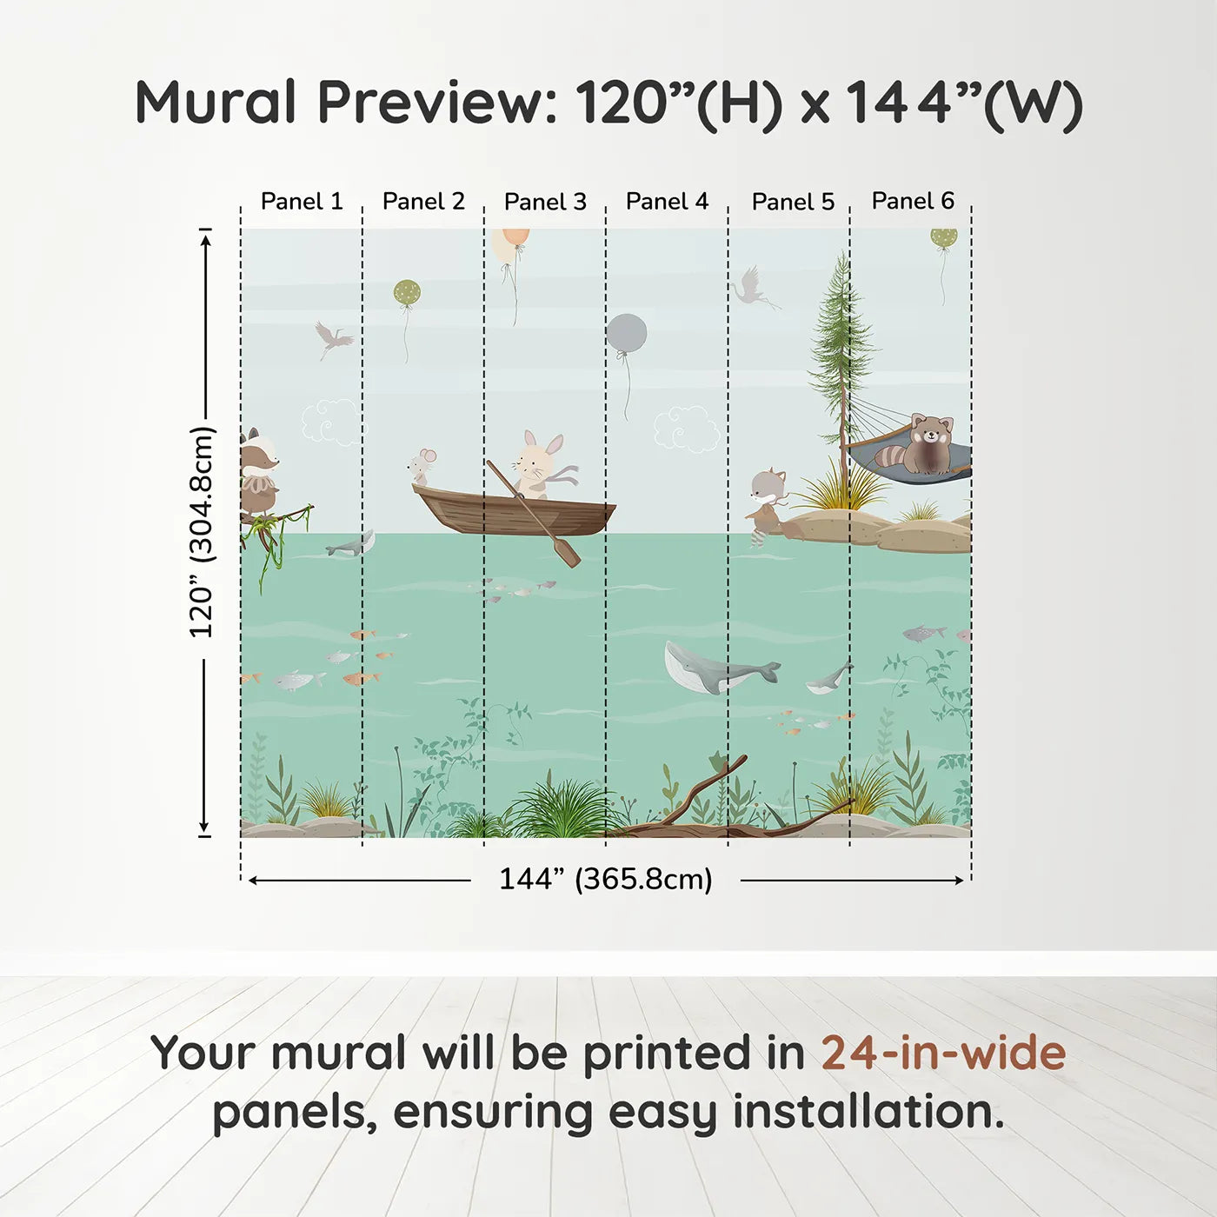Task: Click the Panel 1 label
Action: [302, 202]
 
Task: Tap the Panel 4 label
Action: [667, 202]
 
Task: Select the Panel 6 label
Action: [913, 201]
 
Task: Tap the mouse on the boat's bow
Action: [422, 466]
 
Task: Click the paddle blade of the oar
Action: [568, 553]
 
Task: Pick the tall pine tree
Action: [840, 348]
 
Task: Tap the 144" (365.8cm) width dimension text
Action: [605, 879]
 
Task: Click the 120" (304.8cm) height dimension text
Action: [202, 532]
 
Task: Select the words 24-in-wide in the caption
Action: [943, 1053]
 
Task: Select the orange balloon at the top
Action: [512, 243]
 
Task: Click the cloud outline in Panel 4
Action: [686, 428]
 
